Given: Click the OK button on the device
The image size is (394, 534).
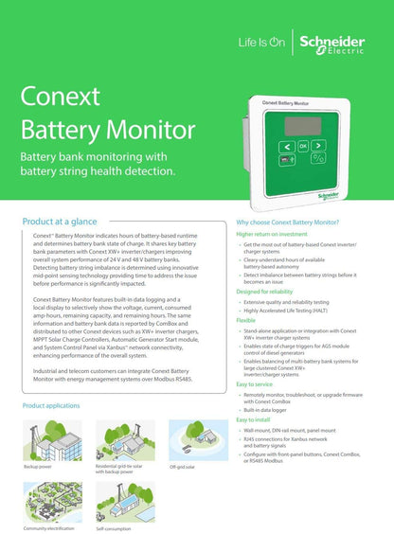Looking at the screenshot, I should [x=303, y=147].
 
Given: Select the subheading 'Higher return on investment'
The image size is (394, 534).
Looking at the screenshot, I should [x=271, y=233].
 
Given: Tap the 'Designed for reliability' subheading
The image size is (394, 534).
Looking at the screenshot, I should [x=268, y=292].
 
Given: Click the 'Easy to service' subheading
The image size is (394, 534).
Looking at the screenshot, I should [x=260, y=384].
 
